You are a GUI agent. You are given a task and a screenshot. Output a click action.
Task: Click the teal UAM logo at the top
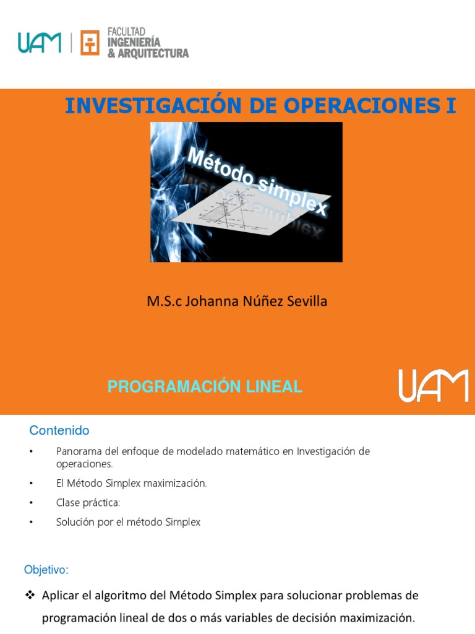40,43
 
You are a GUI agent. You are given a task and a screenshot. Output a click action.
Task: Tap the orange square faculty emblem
90,43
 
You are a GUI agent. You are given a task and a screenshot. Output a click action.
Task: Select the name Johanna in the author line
214,302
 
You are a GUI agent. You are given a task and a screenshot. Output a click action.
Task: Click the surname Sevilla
306,302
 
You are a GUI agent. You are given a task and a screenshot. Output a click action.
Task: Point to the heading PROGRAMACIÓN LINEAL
205,387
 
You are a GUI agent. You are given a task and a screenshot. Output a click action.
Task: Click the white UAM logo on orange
432,386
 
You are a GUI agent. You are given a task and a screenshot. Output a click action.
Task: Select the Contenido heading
59,430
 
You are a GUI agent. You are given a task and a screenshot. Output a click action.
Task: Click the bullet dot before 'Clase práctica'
30,503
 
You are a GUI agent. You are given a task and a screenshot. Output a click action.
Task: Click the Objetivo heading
46,569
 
